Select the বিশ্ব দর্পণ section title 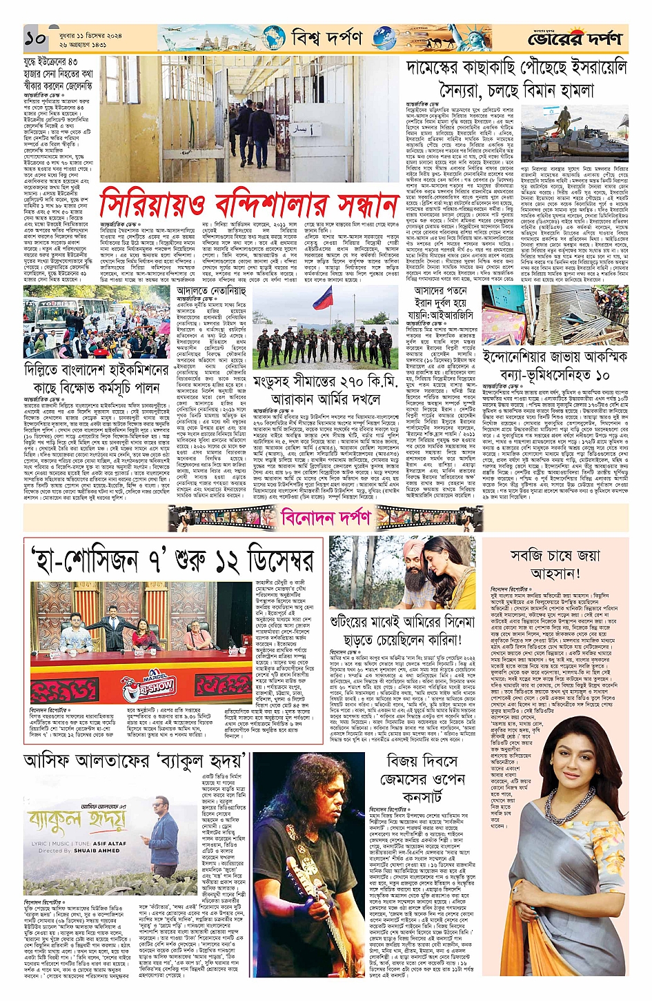326,37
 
